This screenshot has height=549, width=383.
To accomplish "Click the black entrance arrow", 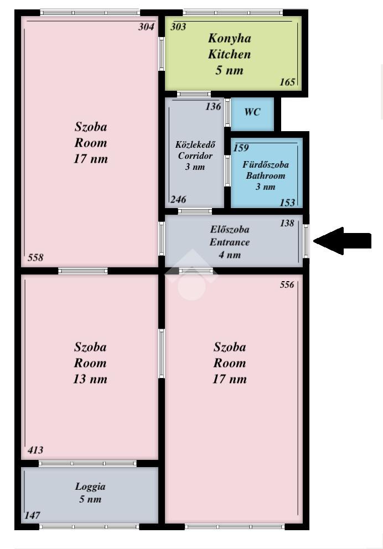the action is (x=342, y=241).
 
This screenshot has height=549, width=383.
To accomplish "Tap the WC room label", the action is (x=252, y=112).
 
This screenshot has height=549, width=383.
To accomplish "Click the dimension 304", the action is (x=146, y=27).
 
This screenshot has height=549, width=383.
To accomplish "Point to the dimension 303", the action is (x=178, y=27).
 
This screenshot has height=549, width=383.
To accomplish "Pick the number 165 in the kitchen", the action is (x=287, y=82).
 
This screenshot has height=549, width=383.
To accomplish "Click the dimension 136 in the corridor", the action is (x=213, y=106).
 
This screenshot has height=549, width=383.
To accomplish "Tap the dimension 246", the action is (x=178, y=199).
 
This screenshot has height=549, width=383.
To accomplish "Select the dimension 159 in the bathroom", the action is (x=241, y=147).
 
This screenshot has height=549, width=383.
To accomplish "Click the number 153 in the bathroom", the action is (x=287, y=203).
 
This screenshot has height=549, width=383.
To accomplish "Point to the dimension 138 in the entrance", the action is (x=287, y=223).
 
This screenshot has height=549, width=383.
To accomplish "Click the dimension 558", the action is (x=35, y=257).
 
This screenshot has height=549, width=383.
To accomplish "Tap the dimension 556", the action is (x=287, y=284).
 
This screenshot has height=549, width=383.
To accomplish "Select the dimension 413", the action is (x=35, y=450).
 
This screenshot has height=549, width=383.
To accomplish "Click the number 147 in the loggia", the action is (x=32, y=515).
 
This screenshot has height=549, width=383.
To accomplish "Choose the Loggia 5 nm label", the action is (x=90, y=493).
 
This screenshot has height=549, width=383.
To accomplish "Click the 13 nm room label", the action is (x=90, y=379).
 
